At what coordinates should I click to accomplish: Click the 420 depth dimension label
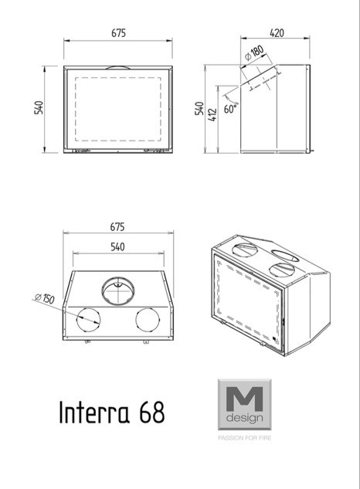coord(277,32)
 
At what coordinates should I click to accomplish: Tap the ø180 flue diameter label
coord(254,53)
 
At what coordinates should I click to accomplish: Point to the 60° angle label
coord(230,109)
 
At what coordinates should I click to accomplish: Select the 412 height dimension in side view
coord(212,115)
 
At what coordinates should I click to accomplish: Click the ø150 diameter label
coord(44,298)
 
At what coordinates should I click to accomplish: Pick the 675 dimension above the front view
coord(118,32)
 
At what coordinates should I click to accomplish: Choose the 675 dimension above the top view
coord(117,226)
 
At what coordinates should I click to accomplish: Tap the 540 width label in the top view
coord(117,247)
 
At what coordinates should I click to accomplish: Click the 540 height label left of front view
coord(39,107)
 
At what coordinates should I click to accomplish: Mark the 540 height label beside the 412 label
coord(199,108)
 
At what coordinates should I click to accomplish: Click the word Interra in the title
coord(94,412)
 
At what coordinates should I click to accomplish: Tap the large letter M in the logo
coord(244,399)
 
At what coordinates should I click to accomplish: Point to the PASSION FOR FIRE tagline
coord(245,438)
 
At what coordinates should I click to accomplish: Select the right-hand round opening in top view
coord(148,321)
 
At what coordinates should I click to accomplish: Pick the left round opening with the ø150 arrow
coord(89,321)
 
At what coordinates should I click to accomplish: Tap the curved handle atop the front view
coord(117,67)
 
